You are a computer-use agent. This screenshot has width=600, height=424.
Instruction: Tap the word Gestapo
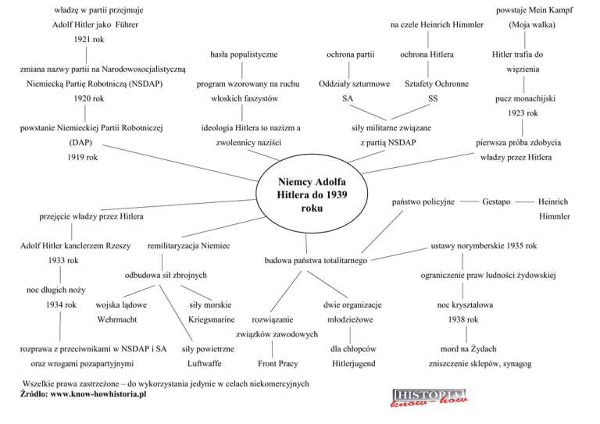click(497, 201)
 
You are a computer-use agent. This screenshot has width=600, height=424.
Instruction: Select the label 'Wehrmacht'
click(117, 321)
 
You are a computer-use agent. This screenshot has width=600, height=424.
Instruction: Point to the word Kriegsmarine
click(211, 321)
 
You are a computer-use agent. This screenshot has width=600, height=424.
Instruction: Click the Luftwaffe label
click(205, 364)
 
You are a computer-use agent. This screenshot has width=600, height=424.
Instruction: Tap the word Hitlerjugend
click(354, 364)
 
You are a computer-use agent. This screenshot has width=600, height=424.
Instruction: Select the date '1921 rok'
click(89, 38)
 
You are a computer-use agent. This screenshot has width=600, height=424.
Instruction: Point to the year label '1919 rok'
click(82, 158)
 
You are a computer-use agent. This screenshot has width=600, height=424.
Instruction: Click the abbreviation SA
click(348, 99)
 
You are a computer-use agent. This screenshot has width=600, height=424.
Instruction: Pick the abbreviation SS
click(434, 99)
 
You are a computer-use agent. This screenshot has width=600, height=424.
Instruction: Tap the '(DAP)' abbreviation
click(81, 144)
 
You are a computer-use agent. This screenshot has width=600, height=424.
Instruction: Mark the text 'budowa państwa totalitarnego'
click(316, 260)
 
